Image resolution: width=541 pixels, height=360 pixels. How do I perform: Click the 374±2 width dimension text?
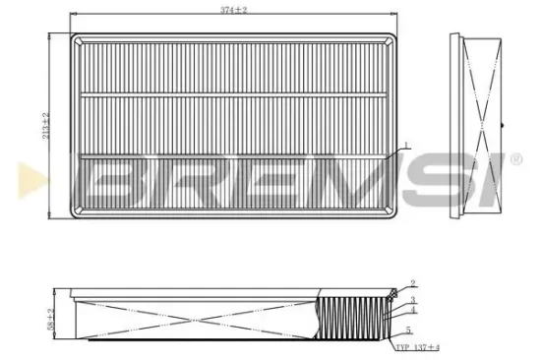[232, 10]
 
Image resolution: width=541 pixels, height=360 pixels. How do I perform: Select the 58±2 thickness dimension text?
[48, 317]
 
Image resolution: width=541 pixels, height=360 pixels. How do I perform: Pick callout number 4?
[414, 310]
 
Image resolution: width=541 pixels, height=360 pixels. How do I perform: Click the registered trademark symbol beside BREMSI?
[514, 158]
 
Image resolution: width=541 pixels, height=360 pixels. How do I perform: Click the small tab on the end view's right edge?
[501, 127]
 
